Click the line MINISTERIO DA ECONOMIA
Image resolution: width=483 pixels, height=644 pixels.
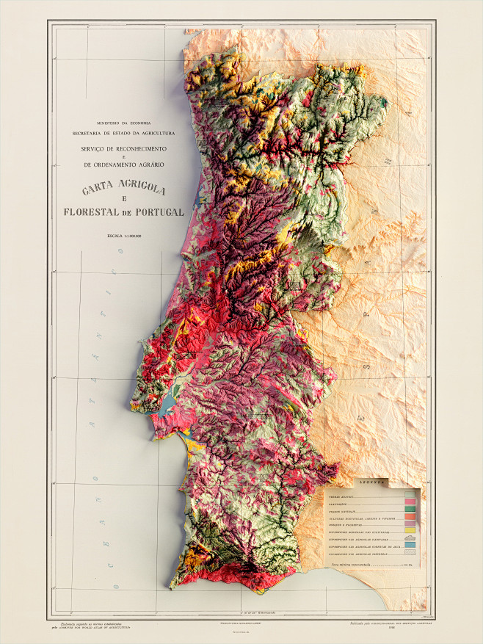point(123,122)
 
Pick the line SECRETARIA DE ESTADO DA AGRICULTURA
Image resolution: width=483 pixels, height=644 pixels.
point(123,133)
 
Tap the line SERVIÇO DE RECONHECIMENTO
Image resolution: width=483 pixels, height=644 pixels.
point(123,149)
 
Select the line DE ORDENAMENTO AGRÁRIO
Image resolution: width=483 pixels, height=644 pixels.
point(123,164)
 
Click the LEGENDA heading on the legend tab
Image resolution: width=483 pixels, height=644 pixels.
point(372,482)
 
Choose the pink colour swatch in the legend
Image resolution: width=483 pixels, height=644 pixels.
point(410,501)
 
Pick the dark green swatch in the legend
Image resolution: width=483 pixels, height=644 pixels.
point(410,510)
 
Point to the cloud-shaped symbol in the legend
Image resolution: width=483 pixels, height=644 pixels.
point(410,538)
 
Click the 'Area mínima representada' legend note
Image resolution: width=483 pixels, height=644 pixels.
point(359,565)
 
